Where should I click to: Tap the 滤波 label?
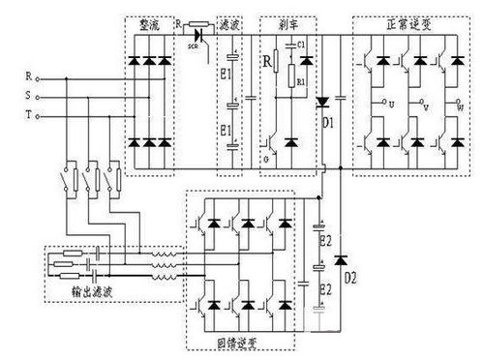[230, 20]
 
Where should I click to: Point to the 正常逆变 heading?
[406, 20]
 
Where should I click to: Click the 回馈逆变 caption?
[244, 343]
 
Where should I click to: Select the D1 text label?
[329, 122]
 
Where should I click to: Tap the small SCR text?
[192, 45]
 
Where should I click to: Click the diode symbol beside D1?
[326, 101]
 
